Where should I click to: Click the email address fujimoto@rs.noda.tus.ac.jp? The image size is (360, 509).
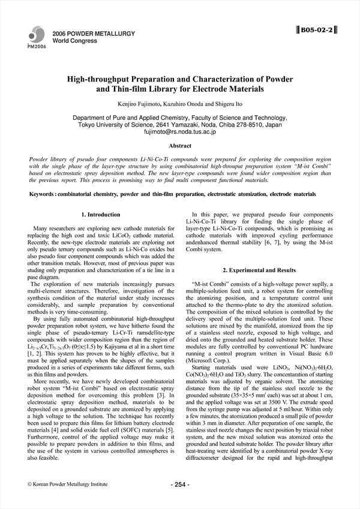pyautogui.click(x=180, y=131)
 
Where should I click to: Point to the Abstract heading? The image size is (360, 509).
pyautogui.click(x=180, y=146)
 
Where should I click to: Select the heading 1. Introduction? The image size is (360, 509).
pyautogui.click(x=100, y=214)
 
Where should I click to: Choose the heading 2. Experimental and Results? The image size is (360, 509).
pyautogui.click(x=259, y=270)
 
